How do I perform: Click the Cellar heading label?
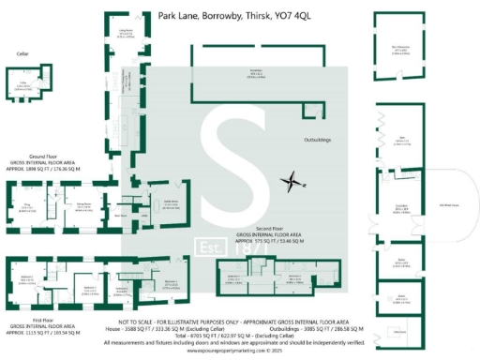(23, 54)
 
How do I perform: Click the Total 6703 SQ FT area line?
(240, 337)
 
